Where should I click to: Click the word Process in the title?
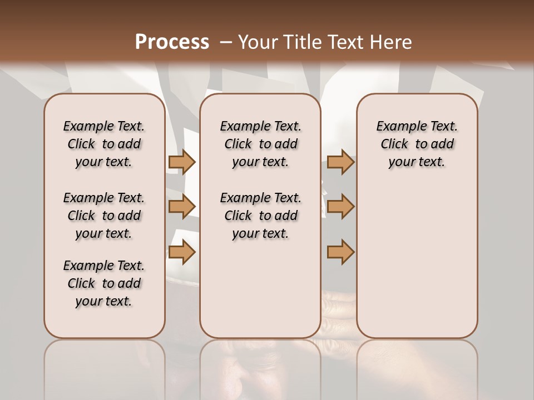pos(172,42)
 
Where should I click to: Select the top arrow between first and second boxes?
pos(182,162)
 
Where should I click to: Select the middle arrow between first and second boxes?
pos(182,207)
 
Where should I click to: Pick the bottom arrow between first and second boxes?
pos(182,252)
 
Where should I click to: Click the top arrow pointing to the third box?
pos(340,162)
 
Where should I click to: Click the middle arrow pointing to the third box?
pos(340,207)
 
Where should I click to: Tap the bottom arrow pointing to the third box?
pos(340,252)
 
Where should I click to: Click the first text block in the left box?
pos(104,144)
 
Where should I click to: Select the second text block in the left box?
pos(104,216)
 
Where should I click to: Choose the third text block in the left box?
pos(104,283)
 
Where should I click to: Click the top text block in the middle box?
pos(260,144)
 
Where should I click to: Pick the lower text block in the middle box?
pos(260,216)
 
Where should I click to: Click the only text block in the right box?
pos(417,144)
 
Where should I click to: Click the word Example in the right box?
pos(397,126)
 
